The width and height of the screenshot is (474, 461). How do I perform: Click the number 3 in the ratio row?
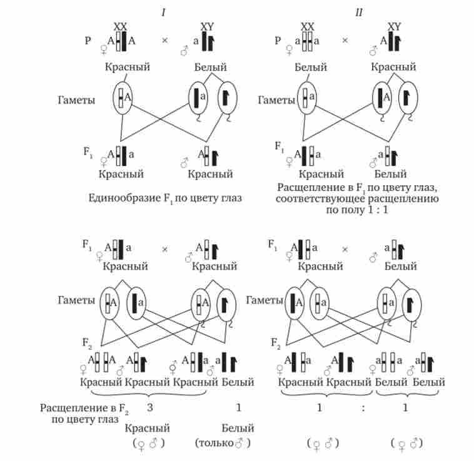[149, 407]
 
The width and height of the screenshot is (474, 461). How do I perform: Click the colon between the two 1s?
[363, 407]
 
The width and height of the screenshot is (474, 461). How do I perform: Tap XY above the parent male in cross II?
[394, 27]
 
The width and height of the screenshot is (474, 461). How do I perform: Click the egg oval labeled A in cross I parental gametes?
[123, 98]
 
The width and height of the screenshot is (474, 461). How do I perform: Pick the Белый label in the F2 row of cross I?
[238, 382]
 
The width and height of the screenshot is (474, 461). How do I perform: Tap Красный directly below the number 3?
[148, 428]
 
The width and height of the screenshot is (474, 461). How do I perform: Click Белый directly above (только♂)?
[238, 428]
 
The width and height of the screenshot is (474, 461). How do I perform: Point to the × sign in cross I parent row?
[165, 41]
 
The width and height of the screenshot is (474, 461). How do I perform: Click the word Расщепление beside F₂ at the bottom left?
[69, 408]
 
